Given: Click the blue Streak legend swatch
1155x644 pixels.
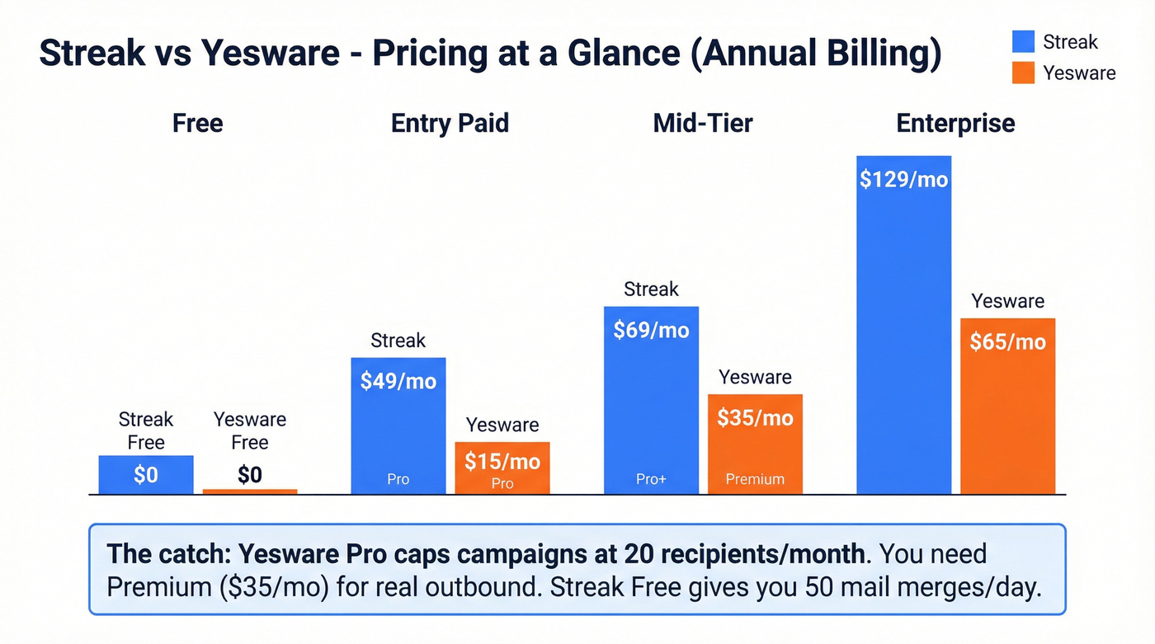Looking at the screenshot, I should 1023,42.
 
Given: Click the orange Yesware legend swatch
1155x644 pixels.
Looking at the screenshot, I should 1023,73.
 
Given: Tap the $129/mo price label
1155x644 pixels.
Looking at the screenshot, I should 903,179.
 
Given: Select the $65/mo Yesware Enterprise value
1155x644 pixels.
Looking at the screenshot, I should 1007,341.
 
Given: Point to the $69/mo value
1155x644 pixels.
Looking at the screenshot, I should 651,330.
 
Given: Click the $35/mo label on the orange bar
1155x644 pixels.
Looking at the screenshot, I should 755,417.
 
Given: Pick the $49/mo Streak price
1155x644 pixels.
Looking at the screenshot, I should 398,381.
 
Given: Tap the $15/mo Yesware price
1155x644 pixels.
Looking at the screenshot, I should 502,460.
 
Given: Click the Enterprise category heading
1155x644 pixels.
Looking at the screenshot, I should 955,123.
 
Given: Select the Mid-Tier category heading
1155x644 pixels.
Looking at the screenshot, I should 703,123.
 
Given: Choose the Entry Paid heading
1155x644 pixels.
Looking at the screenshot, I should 450,123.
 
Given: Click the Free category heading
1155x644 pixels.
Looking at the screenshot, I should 197,123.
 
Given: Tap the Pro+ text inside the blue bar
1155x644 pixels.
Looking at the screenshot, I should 651,479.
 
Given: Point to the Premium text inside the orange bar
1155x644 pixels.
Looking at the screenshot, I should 755,479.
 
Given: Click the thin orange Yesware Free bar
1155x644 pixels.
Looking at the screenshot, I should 250,491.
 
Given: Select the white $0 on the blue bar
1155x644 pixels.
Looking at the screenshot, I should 146,475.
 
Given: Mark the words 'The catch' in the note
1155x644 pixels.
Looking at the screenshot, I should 154,553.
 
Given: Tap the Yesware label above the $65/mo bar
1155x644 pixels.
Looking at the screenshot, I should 1007,301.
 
